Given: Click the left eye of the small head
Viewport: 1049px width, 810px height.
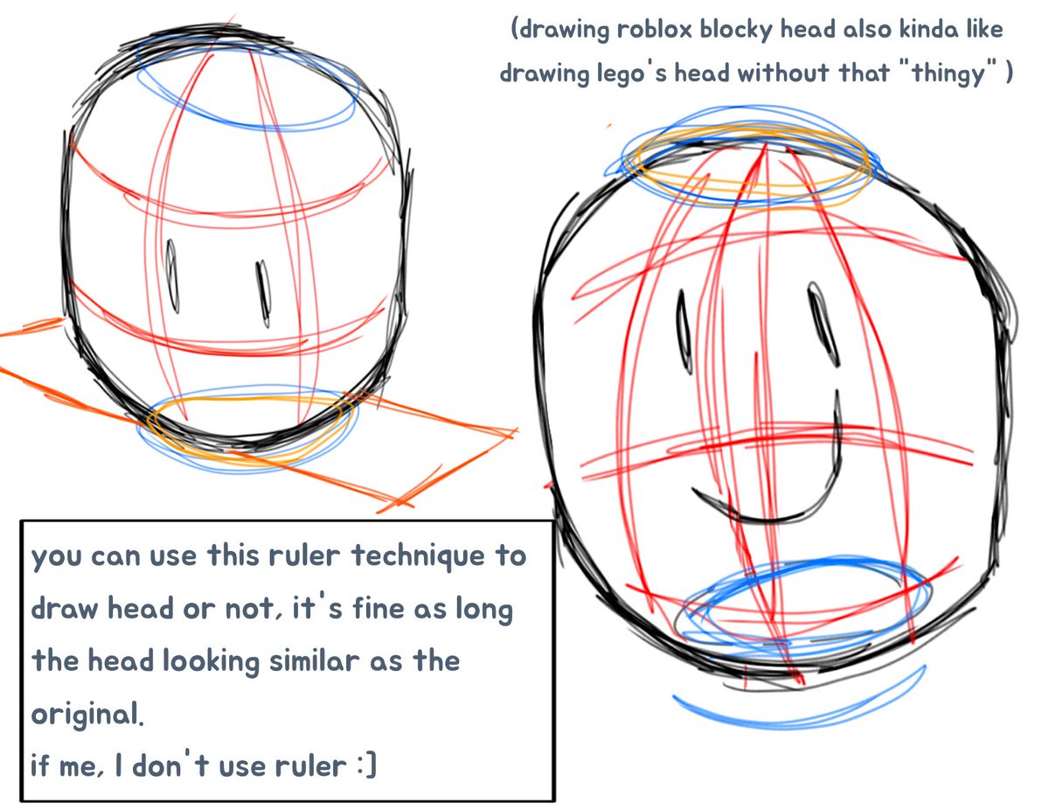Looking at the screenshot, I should coord(172,277).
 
